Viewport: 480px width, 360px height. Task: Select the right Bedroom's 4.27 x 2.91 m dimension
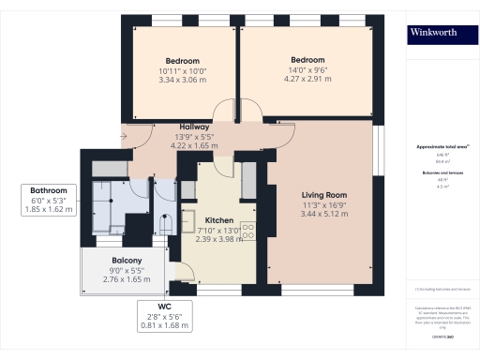tap(307, 81)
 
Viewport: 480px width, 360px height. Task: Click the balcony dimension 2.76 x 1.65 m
tap(126, 279)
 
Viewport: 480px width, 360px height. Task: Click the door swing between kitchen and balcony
tap(185, 271)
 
